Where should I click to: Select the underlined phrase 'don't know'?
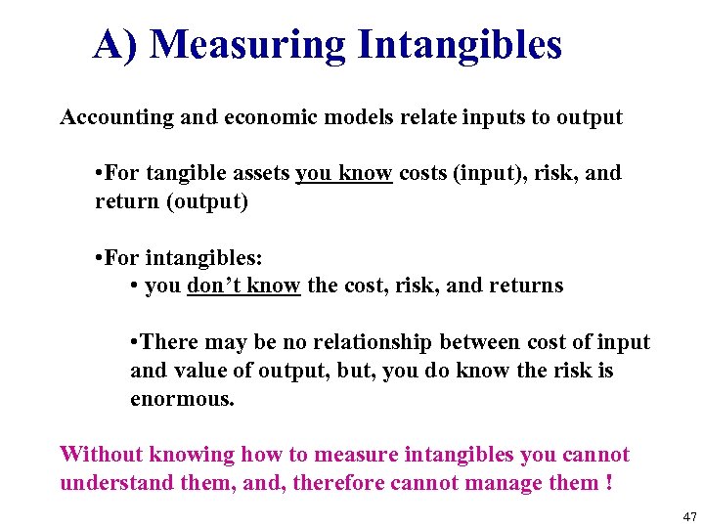(x=243, y=286)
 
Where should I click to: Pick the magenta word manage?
(x=514, y=483)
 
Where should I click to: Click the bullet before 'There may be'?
(x=133, y=342)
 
